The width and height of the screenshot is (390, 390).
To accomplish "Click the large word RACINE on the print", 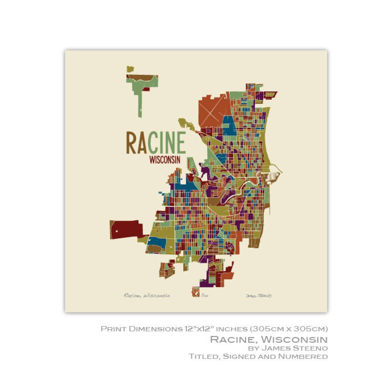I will pos(156,142).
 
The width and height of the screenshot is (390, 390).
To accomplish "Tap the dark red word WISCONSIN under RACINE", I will pos(165,160).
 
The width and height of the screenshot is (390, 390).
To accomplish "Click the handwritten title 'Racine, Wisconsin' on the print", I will pos(147,295).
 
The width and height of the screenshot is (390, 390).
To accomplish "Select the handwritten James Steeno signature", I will pos(259,296).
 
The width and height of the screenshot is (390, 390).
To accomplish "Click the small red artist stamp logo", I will pos(196,292).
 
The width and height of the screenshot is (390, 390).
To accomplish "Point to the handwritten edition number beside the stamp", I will pos(205,296).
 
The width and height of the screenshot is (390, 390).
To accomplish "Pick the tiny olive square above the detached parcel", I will pos(130,69).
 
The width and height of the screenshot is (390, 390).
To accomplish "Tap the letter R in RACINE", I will pos(131,142).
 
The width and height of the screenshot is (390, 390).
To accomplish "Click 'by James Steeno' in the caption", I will pos(287,348).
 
